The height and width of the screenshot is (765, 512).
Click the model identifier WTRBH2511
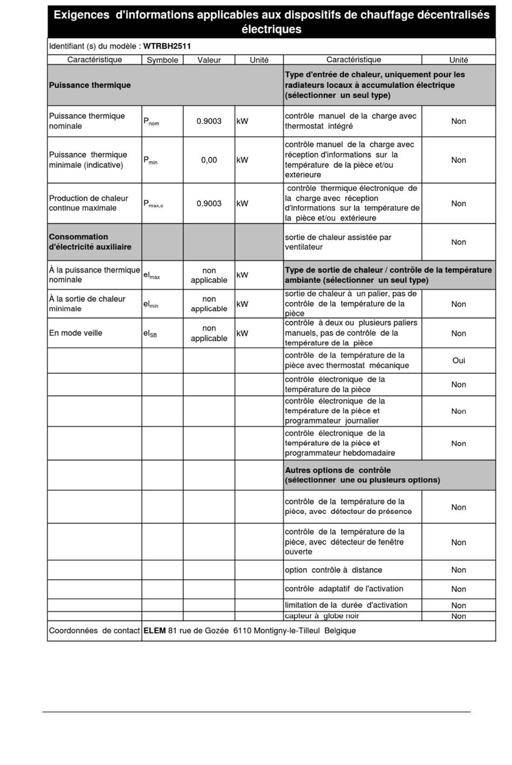click(x=167, y=46)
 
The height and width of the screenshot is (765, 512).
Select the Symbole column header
click(x=162, y=60)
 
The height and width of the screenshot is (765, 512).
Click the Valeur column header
click(x=209, y=60)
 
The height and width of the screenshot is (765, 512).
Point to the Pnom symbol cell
click(x=151, y=122)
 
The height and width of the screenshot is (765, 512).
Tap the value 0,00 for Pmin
click(x=209, y=160)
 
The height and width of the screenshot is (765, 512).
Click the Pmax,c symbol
click(x=153, y=204)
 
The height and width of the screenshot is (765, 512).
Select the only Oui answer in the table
click(x=459, y=360)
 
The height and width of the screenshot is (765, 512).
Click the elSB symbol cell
click(x=150, y=333)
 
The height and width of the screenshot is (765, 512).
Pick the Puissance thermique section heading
click(x=90, y=85)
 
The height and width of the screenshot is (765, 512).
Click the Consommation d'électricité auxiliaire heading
click(x=90, y=242)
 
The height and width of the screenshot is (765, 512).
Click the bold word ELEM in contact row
click(x=155, y=631)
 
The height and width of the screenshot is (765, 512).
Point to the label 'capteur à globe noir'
click(x=322, y=616)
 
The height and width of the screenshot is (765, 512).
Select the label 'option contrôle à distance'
click(x=333, y=570)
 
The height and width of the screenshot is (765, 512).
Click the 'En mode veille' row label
click(x=75, y=333)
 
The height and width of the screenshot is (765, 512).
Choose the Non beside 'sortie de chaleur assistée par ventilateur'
click(x=459, y=242)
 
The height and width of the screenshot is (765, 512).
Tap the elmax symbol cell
click(x=151, y=275)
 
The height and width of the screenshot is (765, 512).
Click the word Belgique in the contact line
click(x=340, y=631)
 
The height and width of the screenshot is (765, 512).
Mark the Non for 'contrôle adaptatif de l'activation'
click(x=459, y=589)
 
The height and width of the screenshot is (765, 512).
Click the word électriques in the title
click(x=271, y=29)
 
